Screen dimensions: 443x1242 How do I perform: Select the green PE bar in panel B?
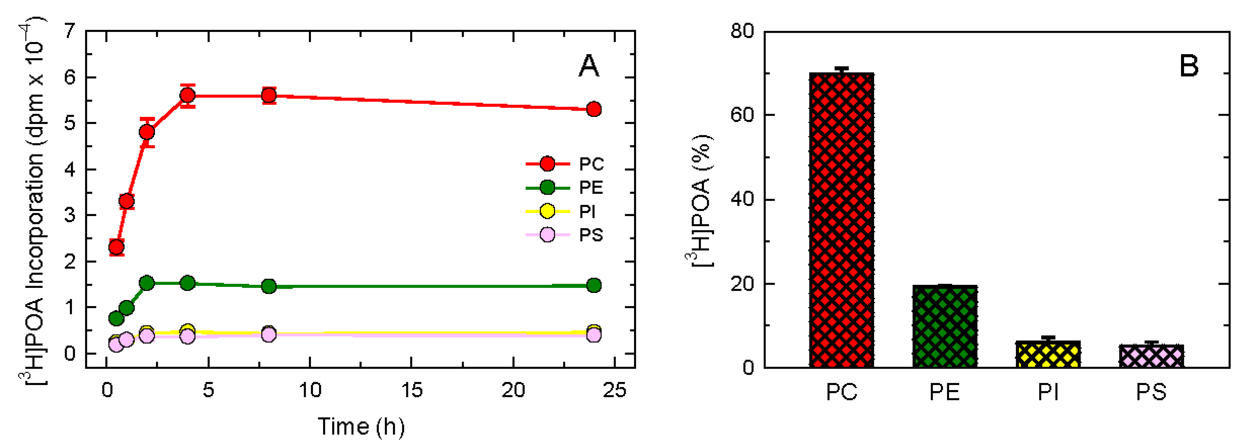944,326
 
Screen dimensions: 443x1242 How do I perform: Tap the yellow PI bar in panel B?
1048,354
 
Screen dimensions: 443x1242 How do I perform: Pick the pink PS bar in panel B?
1151,356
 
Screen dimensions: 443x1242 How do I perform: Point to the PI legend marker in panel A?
547,211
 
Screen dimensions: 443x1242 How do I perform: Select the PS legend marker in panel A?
547,235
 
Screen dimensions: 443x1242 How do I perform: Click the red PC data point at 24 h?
594,109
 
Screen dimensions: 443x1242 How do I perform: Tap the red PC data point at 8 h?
269,96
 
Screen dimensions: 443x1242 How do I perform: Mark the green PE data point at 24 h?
594,285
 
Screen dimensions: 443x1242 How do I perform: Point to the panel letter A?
589,66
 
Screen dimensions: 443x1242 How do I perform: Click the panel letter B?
1189,66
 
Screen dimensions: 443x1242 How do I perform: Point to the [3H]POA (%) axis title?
699,200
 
